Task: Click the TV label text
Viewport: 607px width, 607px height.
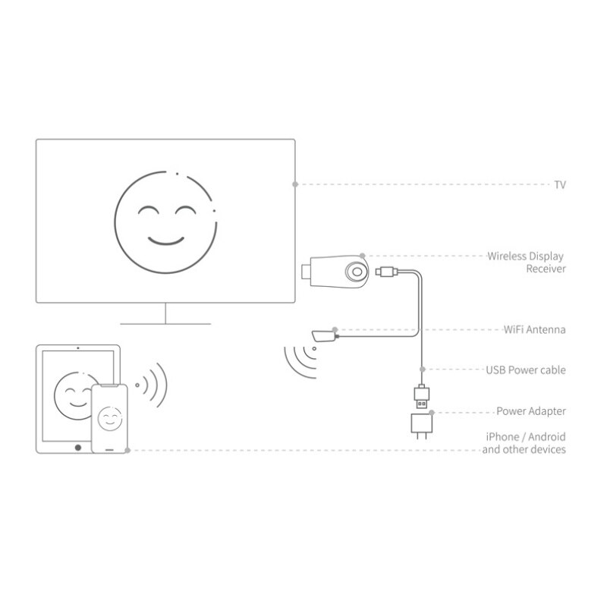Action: point(560,184)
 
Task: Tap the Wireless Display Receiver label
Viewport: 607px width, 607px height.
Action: point(526,262)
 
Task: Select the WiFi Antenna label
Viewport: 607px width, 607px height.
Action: point(534,329)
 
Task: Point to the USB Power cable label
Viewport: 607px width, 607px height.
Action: point(526,370)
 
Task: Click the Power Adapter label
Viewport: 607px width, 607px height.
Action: point(530,411)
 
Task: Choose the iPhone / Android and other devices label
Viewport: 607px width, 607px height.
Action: point(524,443)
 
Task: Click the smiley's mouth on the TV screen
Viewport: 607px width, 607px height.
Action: point(166,241)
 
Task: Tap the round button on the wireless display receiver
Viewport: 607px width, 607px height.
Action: point(357,272)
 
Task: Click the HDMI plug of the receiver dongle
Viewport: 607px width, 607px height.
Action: point(307,271)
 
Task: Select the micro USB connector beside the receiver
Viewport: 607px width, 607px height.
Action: point(386,272)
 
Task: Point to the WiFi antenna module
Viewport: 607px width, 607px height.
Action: point(326,335)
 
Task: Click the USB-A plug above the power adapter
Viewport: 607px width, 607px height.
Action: point(422,397)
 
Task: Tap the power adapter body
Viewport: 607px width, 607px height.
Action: point(422,423)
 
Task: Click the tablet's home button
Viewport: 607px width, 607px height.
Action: point(78,448)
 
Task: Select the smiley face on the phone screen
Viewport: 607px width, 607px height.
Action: point(110,419)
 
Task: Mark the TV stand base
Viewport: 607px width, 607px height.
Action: point(165,324)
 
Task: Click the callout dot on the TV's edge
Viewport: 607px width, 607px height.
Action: point(295,184)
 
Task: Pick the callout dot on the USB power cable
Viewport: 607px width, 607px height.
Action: point(423,370)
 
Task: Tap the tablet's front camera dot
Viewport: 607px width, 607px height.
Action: point(78,348)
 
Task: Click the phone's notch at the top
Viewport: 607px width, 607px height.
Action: point(109,385)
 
